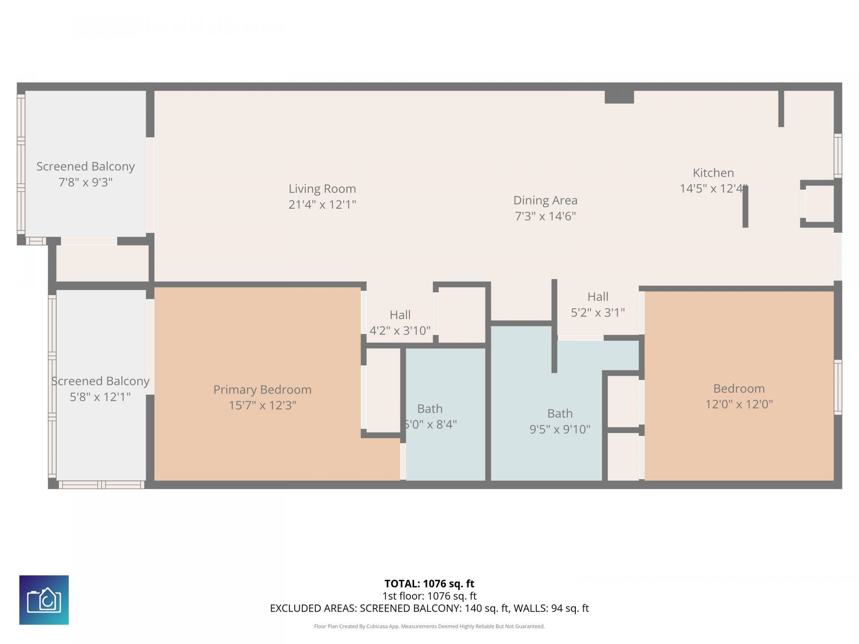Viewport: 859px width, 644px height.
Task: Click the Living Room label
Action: coord(322,189)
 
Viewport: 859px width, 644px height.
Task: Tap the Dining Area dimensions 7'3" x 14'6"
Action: coord(545,216)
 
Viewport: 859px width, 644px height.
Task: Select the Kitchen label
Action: coord(713,173)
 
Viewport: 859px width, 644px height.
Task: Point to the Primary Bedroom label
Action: coord(262,390)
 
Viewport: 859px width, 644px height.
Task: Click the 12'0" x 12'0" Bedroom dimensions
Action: coord(739,404)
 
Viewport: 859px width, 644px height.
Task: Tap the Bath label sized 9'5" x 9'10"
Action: coord(560,414)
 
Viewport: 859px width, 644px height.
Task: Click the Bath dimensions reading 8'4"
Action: coord(430,424)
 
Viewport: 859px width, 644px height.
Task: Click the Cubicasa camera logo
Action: coord(44,600)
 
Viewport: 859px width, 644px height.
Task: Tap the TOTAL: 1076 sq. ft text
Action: coord(429,584)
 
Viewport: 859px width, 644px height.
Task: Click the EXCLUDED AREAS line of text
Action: coord(429,608)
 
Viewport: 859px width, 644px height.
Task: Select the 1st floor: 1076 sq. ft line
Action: coord(429,596)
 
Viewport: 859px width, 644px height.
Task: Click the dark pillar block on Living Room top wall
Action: coord(619,97)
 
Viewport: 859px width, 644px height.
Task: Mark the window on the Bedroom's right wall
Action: coord(838,387)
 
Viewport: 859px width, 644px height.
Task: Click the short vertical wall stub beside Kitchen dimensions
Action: coord(745,207)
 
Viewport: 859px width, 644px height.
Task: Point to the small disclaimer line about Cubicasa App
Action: coord(429,626)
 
